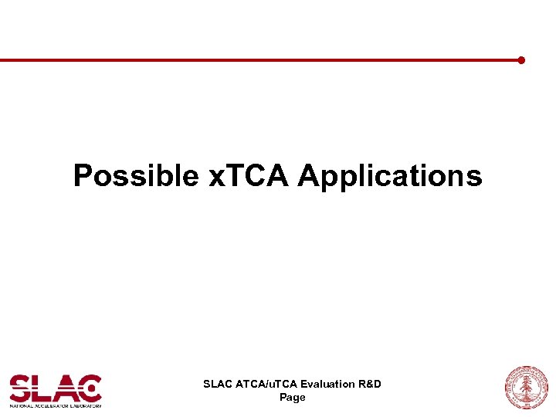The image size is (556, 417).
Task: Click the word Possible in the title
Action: tap(136, 176)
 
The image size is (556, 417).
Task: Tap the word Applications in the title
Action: tap(390, 176)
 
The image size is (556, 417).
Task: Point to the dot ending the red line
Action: tap(521, 59)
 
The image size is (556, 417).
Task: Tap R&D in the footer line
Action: tap(371, 384)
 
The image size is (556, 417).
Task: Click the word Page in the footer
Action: tap(292, 397)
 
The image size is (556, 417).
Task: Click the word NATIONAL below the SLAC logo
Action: tap(21, 405)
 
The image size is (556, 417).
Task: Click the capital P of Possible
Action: tap(81, 176)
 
